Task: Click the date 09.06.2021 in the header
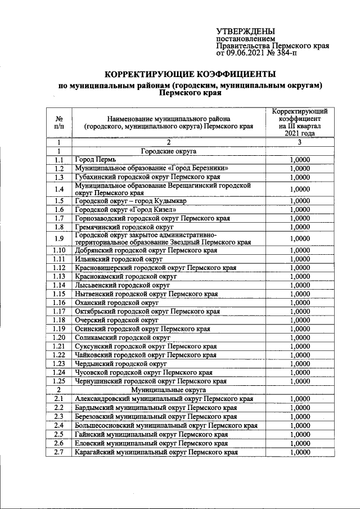coord(249,54)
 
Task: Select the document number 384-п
coord(287,54)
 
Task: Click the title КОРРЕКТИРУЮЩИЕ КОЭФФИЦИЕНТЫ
coord(191,74)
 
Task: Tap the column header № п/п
coord(59,123)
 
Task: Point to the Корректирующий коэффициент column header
coord(300,123)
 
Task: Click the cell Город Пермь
coord(96,160)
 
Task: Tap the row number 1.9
coord(59,238)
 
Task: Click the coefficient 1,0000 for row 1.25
coord(300,381)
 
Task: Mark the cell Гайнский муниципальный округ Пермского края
coord(151,435)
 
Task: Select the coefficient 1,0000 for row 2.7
coord(300,452)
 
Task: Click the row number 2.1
coord(59,399)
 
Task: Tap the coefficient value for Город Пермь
coord(300,160)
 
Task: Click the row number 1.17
coord(59,311)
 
